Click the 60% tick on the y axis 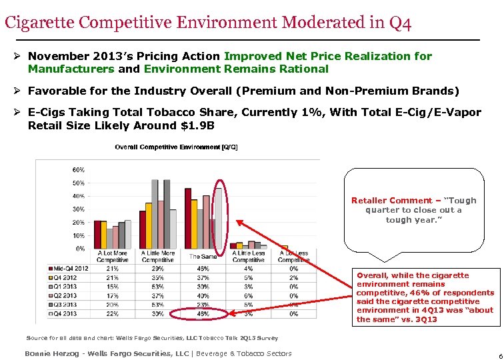[x=77, y=169]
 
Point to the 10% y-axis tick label [x=77, y=235]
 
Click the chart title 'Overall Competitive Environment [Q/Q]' [x=176, y=147]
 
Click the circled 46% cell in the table [x=203, y=313]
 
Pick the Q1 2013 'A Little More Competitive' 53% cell [x=159, y=287]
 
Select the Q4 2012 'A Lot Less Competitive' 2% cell [x=293, y=277]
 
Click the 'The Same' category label [x=203, y=257]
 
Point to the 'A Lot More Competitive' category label [x=112, y=257]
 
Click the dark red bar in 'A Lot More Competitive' [x=97, y=234]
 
